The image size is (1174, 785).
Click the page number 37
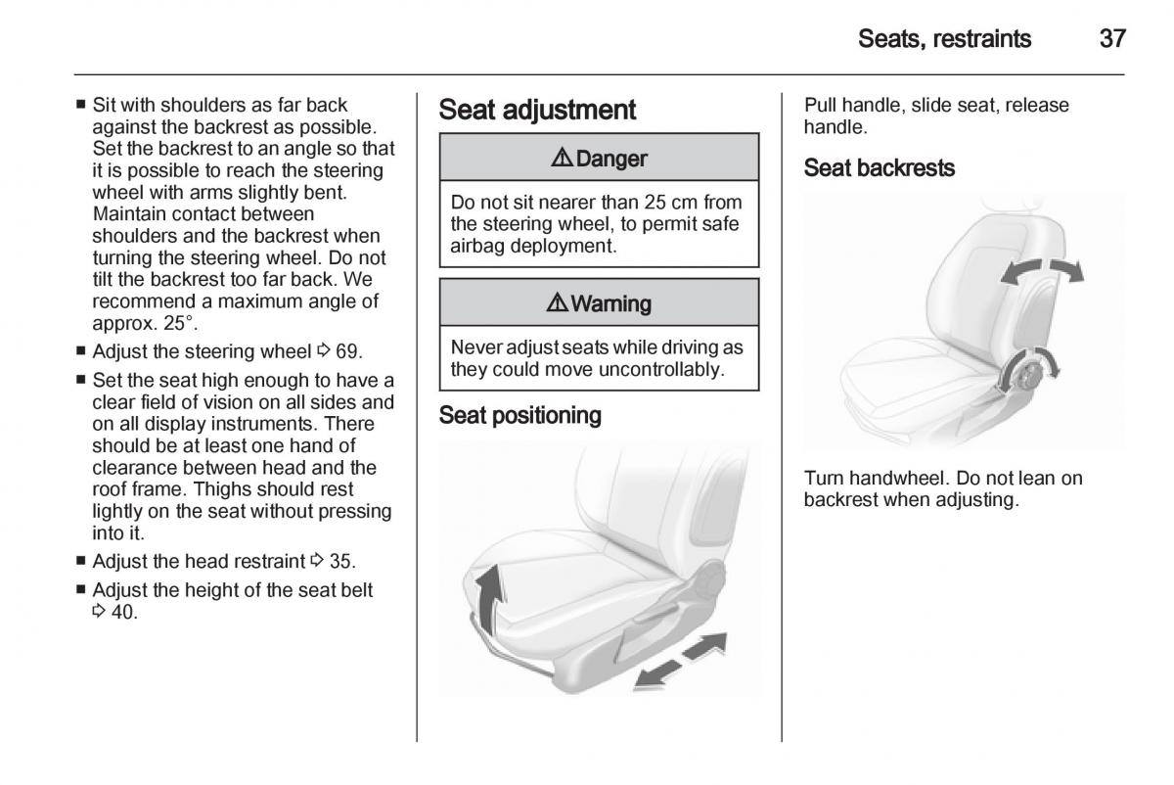coord(1112,39)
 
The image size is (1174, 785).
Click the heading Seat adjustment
coord(537,110)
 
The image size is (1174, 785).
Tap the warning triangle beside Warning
coord(557,303)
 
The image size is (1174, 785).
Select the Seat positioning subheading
coord(519,416)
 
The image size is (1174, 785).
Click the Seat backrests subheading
coord(879,168)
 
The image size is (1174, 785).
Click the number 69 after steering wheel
coord(349,350)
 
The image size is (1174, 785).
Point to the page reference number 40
coord(123,613)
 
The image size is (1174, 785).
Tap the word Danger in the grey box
coord(611,159)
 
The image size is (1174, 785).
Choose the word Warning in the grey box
coord(610,303)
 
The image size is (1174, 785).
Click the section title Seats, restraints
coord(944,39)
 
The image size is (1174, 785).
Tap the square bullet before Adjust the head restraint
coord(81,561)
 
